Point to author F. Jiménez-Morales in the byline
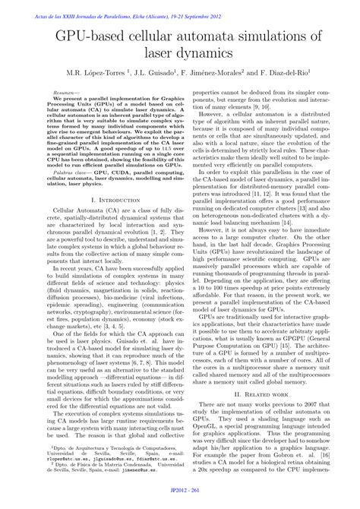point(212,74)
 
